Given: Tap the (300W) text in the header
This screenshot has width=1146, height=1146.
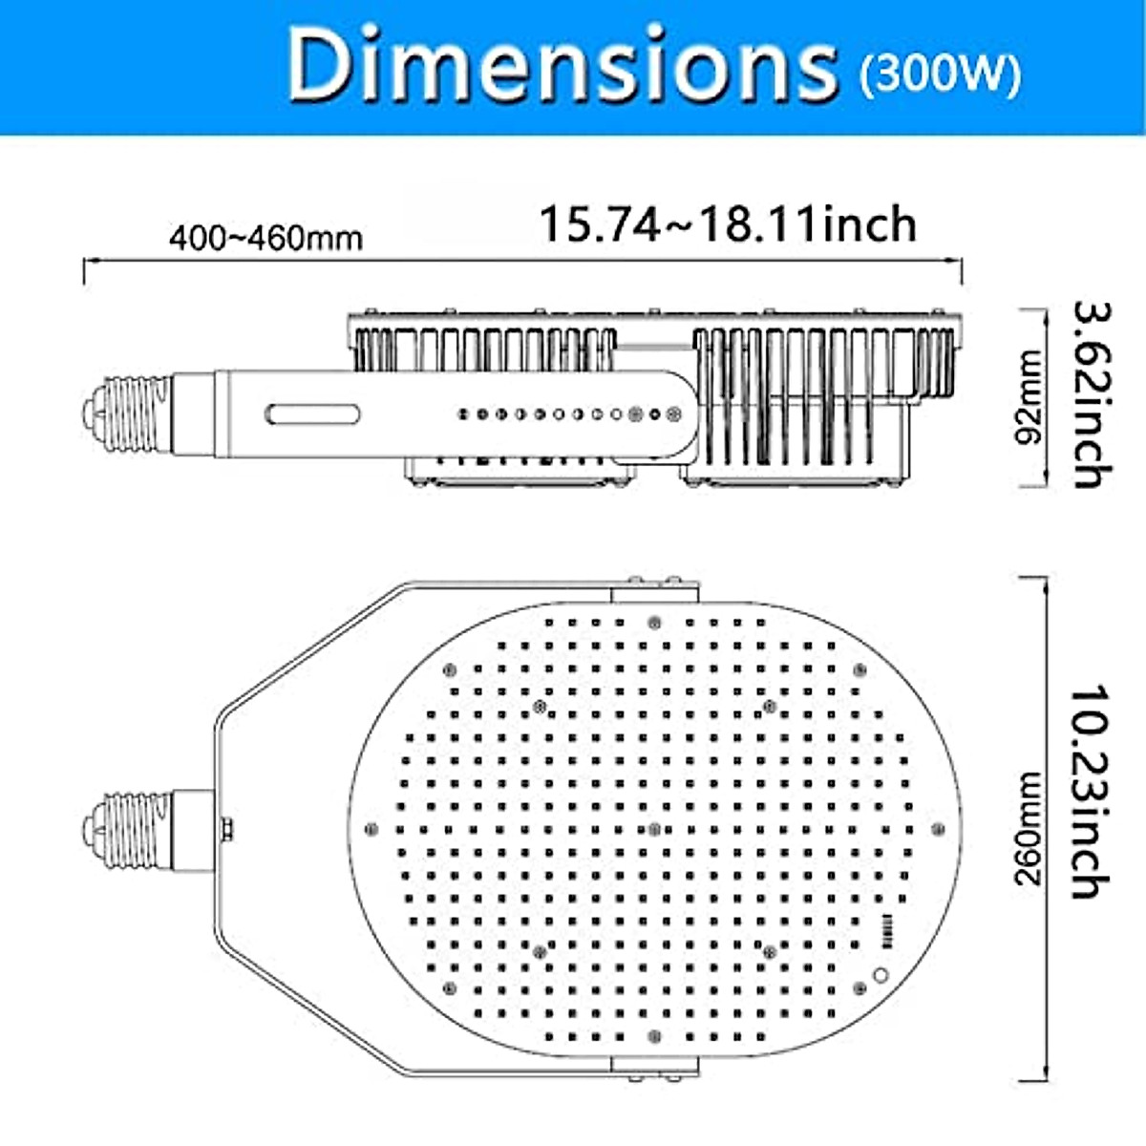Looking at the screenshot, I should (941, 74).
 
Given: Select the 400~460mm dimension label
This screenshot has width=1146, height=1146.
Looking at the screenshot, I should (266, 237).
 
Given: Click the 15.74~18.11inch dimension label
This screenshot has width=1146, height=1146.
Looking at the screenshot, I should (728, 225).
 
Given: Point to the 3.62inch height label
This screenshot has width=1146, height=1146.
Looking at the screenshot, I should (1091, 394).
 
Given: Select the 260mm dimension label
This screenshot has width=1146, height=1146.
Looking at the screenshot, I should (1029, 829).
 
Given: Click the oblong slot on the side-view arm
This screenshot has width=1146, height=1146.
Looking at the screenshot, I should (313, 414).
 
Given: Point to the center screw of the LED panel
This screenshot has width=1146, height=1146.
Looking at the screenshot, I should (654, 827).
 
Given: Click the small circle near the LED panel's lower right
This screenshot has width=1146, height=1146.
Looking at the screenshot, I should (881, 975).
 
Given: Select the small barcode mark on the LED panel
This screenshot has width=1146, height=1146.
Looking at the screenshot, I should (887, 929).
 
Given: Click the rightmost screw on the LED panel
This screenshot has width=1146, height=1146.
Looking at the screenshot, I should (938, 828).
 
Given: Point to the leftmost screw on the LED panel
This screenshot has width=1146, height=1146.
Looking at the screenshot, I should (371, 828).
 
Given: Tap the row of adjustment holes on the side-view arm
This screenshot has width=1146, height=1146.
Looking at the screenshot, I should (567, 414).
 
